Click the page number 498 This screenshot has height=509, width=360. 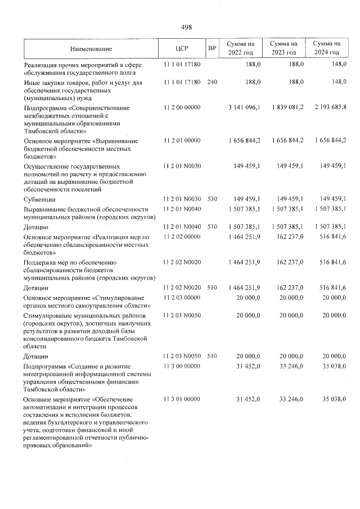click(x=186, y=26)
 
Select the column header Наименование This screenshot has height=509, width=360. click(x=91, y=48)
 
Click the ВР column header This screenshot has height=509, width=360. click(x=212, y=48)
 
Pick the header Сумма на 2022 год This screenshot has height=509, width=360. click(x=241, y=48)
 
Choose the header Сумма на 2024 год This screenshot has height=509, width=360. click(x=327, y=48)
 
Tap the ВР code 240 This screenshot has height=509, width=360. click(x=212, y=82)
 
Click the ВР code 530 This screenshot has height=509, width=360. click(x=212, y=199)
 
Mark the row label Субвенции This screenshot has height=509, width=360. click(x=39, y=200)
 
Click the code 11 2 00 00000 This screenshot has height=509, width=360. click(x=182, y=107)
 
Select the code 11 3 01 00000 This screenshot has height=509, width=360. click(x=182, y=399)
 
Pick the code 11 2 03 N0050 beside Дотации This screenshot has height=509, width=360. click(x=182, y=356)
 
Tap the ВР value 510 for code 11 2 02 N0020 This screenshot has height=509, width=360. click(x=212, y=288)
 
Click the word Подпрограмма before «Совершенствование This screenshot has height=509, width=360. click(x=47, y=107)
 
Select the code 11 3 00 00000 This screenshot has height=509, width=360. click(x=182, y=366)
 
